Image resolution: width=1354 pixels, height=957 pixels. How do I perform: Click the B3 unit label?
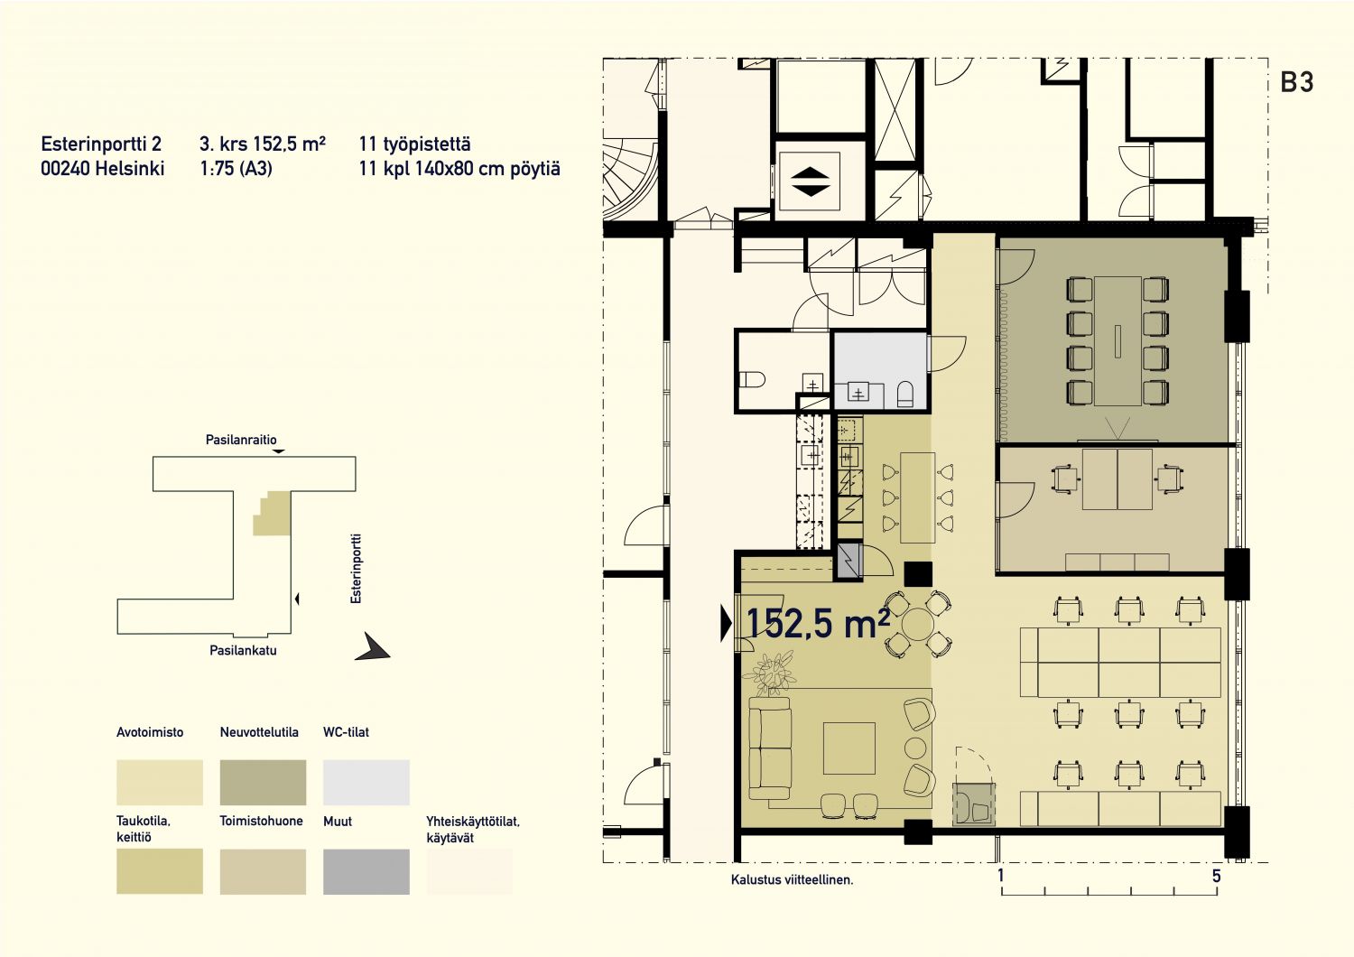(x=1296, y=82)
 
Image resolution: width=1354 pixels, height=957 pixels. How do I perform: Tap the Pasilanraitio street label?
(x=241, y=440)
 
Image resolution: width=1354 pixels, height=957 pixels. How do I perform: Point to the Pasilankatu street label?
(x=243, y=651)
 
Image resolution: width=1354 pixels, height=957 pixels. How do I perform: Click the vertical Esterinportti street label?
(x=356, y=568)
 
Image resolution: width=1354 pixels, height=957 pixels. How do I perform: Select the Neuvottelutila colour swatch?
(x=263, y=782)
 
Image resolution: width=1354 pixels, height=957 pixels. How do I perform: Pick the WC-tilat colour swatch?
(x=366, y=782)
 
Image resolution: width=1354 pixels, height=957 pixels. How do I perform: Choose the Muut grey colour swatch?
(x=366, y=872)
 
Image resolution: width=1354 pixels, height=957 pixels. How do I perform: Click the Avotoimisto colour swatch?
(x=160, y=782)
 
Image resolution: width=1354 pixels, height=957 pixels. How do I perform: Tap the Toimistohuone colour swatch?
(x=263, y=872)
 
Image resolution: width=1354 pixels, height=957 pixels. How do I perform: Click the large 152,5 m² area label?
(x=818, y=623)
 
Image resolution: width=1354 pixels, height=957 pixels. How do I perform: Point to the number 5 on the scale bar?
(x=1216, y=876)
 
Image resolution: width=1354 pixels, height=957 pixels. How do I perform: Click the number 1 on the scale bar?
(x=1001, y=876)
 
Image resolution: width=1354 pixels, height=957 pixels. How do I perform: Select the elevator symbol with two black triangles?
(x=810, y=182)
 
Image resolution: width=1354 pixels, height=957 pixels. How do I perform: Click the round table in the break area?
(x=918, y=625)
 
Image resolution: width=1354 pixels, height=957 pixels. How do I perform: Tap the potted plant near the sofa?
(x=770, y=673)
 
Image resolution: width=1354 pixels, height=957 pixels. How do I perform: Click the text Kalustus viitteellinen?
(x=792, y=879)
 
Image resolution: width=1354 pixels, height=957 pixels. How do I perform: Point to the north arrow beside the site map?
(x=372, y=646)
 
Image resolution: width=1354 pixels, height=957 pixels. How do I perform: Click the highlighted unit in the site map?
(x=274, y=514)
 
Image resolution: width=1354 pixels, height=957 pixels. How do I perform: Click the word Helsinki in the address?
(x=129, y=168)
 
